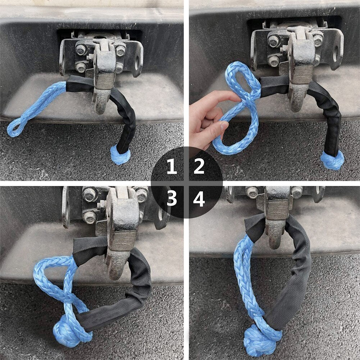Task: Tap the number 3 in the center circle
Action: (172, 198)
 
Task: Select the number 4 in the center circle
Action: (199, 199)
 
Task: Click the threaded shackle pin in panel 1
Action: (105, 81)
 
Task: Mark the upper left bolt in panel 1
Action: (81, 50)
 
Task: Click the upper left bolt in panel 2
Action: (274, 41)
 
